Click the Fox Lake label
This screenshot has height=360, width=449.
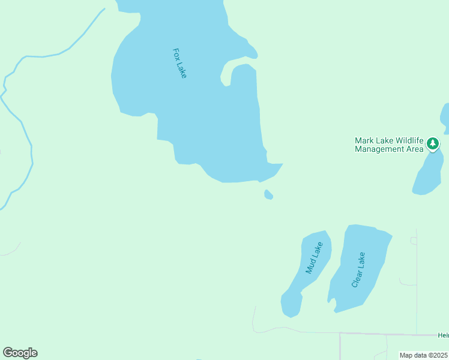(x=179, y=63)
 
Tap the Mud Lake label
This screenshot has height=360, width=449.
(x=315, y=258)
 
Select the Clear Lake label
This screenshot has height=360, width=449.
(x=358, y=269)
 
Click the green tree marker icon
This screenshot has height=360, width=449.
(x=433, y=143)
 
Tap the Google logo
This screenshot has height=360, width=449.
(x=20, y=353)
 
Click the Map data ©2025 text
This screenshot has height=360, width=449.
(x=424, y=355)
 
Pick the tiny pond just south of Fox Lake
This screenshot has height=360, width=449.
(x=268, y=194)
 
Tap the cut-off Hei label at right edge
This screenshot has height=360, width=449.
(x=443, y=335)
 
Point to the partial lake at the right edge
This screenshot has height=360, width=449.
(x=445, y=117)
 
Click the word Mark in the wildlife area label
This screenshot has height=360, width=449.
(x=364, y=140)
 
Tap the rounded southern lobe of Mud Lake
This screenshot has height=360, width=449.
(x=291, y=304)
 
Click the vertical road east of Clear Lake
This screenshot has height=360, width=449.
(x=417, y=282)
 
